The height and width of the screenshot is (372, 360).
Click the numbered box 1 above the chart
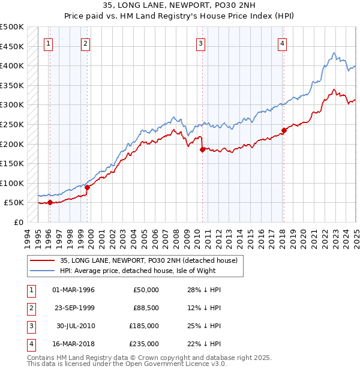click(48, 43)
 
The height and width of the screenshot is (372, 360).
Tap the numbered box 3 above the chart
click(200, 43)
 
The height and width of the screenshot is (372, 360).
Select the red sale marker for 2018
click(284, 131)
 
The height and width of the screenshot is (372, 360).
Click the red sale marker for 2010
click(202, 150)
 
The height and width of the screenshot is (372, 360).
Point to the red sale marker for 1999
click(87, 187)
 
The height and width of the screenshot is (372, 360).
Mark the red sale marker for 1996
click(50, 203)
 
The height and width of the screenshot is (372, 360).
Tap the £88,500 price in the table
click(146, 308)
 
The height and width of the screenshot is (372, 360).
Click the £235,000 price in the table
click(144, 344)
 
